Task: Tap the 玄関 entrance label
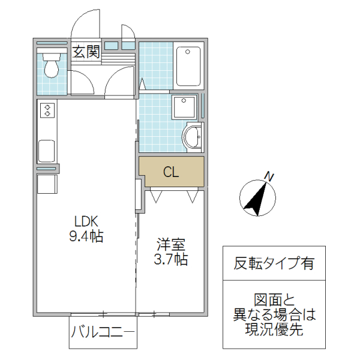[86, 52]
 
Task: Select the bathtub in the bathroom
[190, 67]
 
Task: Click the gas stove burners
[47, 110]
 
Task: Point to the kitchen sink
[47, 151]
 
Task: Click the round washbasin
[193, 136]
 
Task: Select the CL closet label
[171, 173]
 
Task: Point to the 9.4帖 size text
[86, 236]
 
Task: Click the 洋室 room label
[171, 245]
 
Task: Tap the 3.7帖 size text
[171, 260]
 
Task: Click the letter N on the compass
[269, 176]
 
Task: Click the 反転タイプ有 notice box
[274, 263]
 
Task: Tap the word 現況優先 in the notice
[274, 329]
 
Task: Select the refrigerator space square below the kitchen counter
[47, 184]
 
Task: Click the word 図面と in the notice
[274, 301]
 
